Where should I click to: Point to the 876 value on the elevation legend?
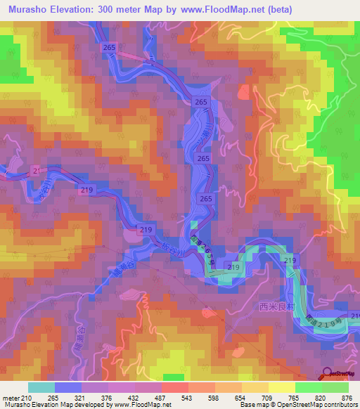(x=340, y=397)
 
